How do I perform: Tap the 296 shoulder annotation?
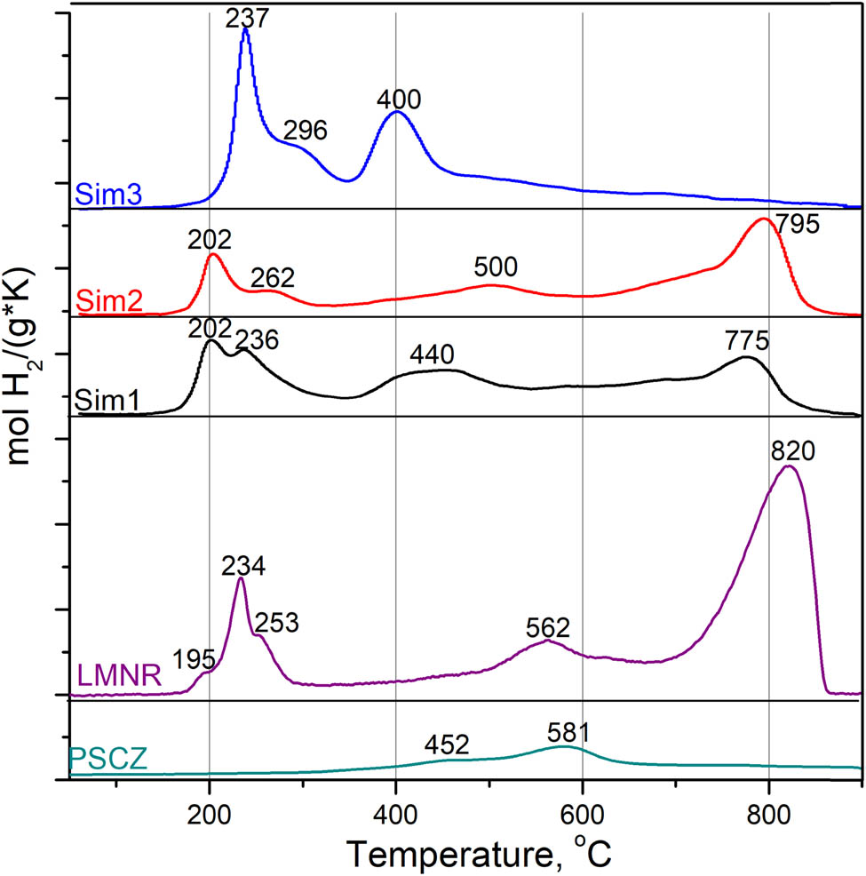[306, 131]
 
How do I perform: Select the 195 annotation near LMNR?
[194, 659]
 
